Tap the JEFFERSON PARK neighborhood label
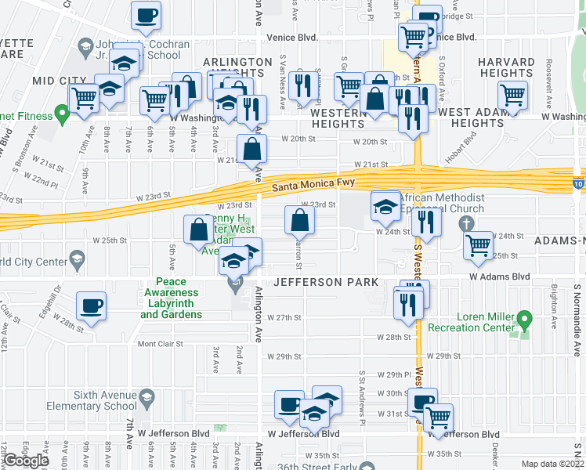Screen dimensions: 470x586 tap(325, 282)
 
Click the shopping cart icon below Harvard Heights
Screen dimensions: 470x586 tap(512, 96)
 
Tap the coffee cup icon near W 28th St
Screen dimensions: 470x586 tap(92, 307)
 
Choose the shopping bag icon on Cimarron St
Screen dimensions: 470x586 tap(300, 222)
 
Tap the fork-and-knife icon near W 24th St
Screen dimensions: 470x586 tap(426, 222)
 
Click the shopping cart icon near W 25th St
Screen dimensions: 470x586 tap(478, 245)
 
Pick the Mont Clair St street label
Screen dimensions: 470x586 tap(161, 344)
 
